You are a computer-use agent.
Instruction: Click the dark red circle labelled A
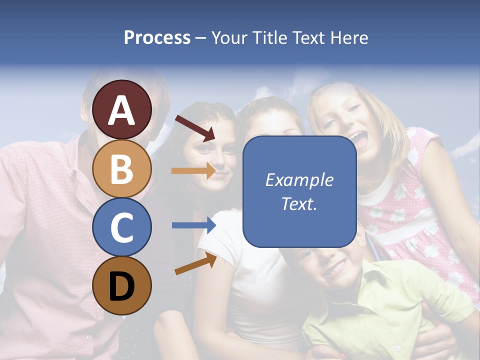pyautogui.click(x=121, y=109)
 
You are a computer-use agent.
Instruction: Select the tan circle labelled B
pyautogui.click(x=121, y=168)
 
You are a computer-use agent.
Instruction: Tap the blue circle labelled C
pyautogui.click(x=121, y=227)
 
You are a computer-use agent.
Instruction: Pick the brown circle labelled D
pyautogui.click(x=121, y=285)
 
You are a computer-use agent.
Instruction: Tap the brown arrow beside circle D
pyautogui.click(x=195, y=263)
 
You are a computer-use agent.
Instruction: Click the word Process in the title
pyautogui.click(x=157, y=37)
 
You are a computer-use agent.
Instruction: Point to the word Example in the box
pyautogui.click(x=299, y=180)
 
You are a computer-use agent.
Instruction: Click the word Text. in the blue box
pyautogui.click(x=299, y=203)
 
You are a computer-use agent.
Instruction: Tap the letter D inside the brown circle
pyautogui.click(x=121, y=286)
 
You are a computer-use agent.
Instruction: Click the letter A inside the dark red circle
pyautogui.click(x=121, y=110)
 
